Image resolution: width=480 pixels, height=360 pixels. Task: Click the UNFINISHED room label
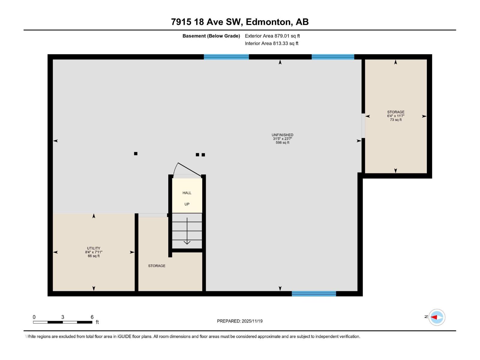[x=282, y=135]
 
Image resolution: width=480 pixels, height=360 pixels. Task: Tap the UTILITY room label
[x=94, y=248]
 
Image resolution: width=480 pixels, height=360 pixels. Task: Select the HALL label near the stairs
[x=187, y=193]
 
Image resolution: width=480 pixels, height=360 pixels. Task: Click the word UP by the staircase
[x=187, y=204]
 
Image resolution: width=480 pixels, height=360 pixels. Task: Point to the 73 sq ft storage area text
[x=396, y=120]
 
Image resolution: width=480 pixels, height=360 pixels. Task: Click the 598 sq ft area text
[x=282, y=143]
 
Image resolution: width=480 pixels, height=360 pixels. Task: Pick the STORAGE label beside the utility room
[x=157, y=266]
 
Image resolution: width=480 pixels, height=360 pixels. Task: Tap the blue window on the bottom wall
[x=314, y=294]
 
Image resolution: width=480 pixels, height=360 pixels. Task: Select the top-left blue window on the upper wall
[x=226, y=57]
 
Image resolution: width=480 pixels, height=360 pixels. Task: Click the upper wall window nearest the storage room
[x=333, y=57]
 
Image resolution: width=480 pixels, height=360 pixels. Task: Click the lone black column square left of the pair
[x=136, y=154]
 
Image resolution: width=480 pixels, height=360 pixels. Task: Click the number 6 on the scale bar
[x=92, y=317]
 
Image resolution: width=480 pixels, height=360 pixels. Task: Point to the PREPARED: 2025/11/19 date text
[x=240, y=321]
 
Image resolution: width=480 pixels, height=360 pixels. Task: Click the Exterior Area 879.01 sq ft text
[x=272, y=36]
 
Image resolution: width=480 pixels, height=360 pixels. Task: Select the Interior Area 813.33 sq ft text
[x=271, y=43]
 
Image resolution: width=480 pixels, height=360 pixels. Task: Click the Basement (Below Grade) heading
[x=211, y=36]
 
